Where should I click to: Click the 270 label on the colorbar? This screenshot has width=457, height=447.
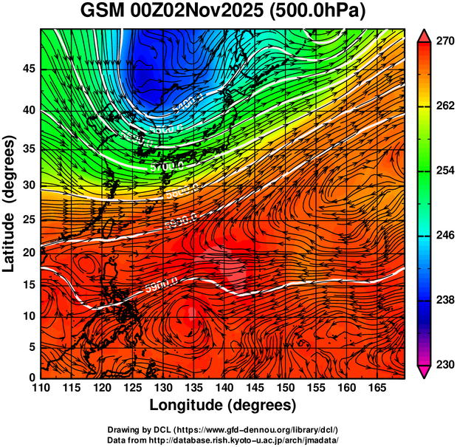pos(443,41)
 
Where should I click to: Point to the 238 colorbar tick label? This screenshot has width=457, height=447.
pos(443,300)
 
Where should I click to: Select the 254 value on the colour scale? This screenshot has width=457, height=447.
pos(443,171)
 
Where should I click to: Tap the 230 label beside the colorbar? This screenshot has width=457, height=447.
pos(443,364)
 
